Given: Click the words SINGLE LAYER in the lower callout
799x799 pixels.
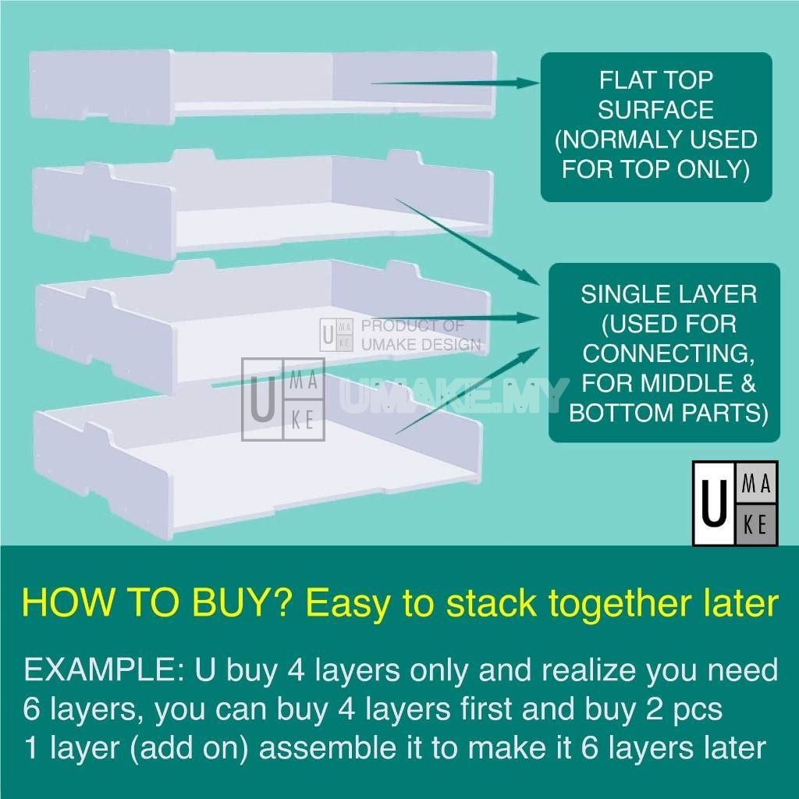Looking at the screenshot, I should (668, 294).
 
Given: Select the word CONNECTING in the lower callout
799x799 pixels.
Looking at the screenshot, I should (668, 353).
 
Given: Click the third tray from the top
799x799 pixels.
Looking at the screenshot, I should (257, 312).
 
